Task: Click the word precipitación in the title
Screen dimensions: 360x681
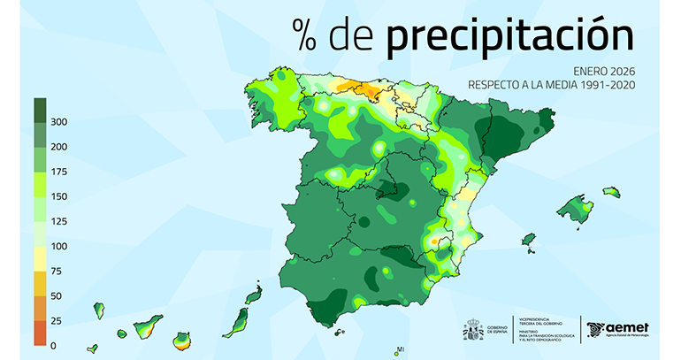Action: pos(510,34)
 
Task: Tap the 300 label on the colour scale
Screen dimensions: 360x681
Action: pos(59,121)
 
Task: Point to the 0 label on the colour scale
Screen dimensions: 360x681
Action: pos(54,345)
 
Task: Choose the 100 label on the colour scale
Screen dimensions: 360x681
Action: pos(59,245)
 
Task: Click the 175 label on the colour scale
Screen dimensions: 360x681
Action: pos(59,171)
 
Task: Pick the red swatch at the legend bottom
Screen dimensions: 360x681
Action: pos(40,333)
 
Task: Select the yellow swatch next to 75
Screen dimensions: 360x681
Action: pos(40,258)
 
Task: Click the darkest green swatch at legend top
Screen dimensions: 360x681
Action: pos(40,110)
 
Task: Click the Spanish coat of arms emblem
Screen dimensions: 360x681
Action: pos(473,330)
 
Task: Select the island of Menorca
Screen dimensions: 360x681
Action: pos(611,192)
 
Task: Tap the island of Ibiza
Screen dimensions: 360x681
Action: pos(529,240)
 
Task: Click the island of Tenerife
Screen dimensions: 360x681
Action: pos(147,326)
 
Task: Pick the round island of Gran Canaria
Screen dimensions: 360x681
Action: pos(182,340)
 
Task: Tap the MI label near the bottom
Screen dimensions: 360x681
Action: pos(400,349)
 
